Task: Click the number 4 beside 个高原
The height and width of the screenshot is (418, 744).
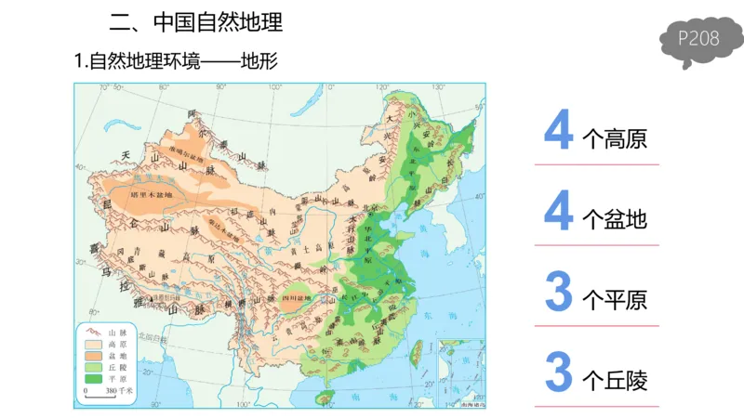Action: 558,131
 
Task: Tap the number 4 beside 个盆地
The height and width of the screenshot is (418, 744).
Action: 558,212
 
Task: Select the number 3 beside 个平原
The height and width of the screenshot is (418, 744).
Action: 558,292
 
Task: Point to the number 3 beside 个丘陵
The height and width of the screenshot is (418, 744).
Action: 558,372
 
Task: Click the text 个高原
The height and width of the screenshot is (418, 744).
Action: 614,139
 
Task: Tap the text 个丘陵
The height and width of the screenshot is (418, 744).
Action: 614,380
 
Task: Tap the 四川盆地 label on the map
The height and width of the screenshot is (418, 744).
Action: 295,299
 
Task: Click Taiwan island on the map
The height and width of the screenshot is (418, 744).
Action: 417,351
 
